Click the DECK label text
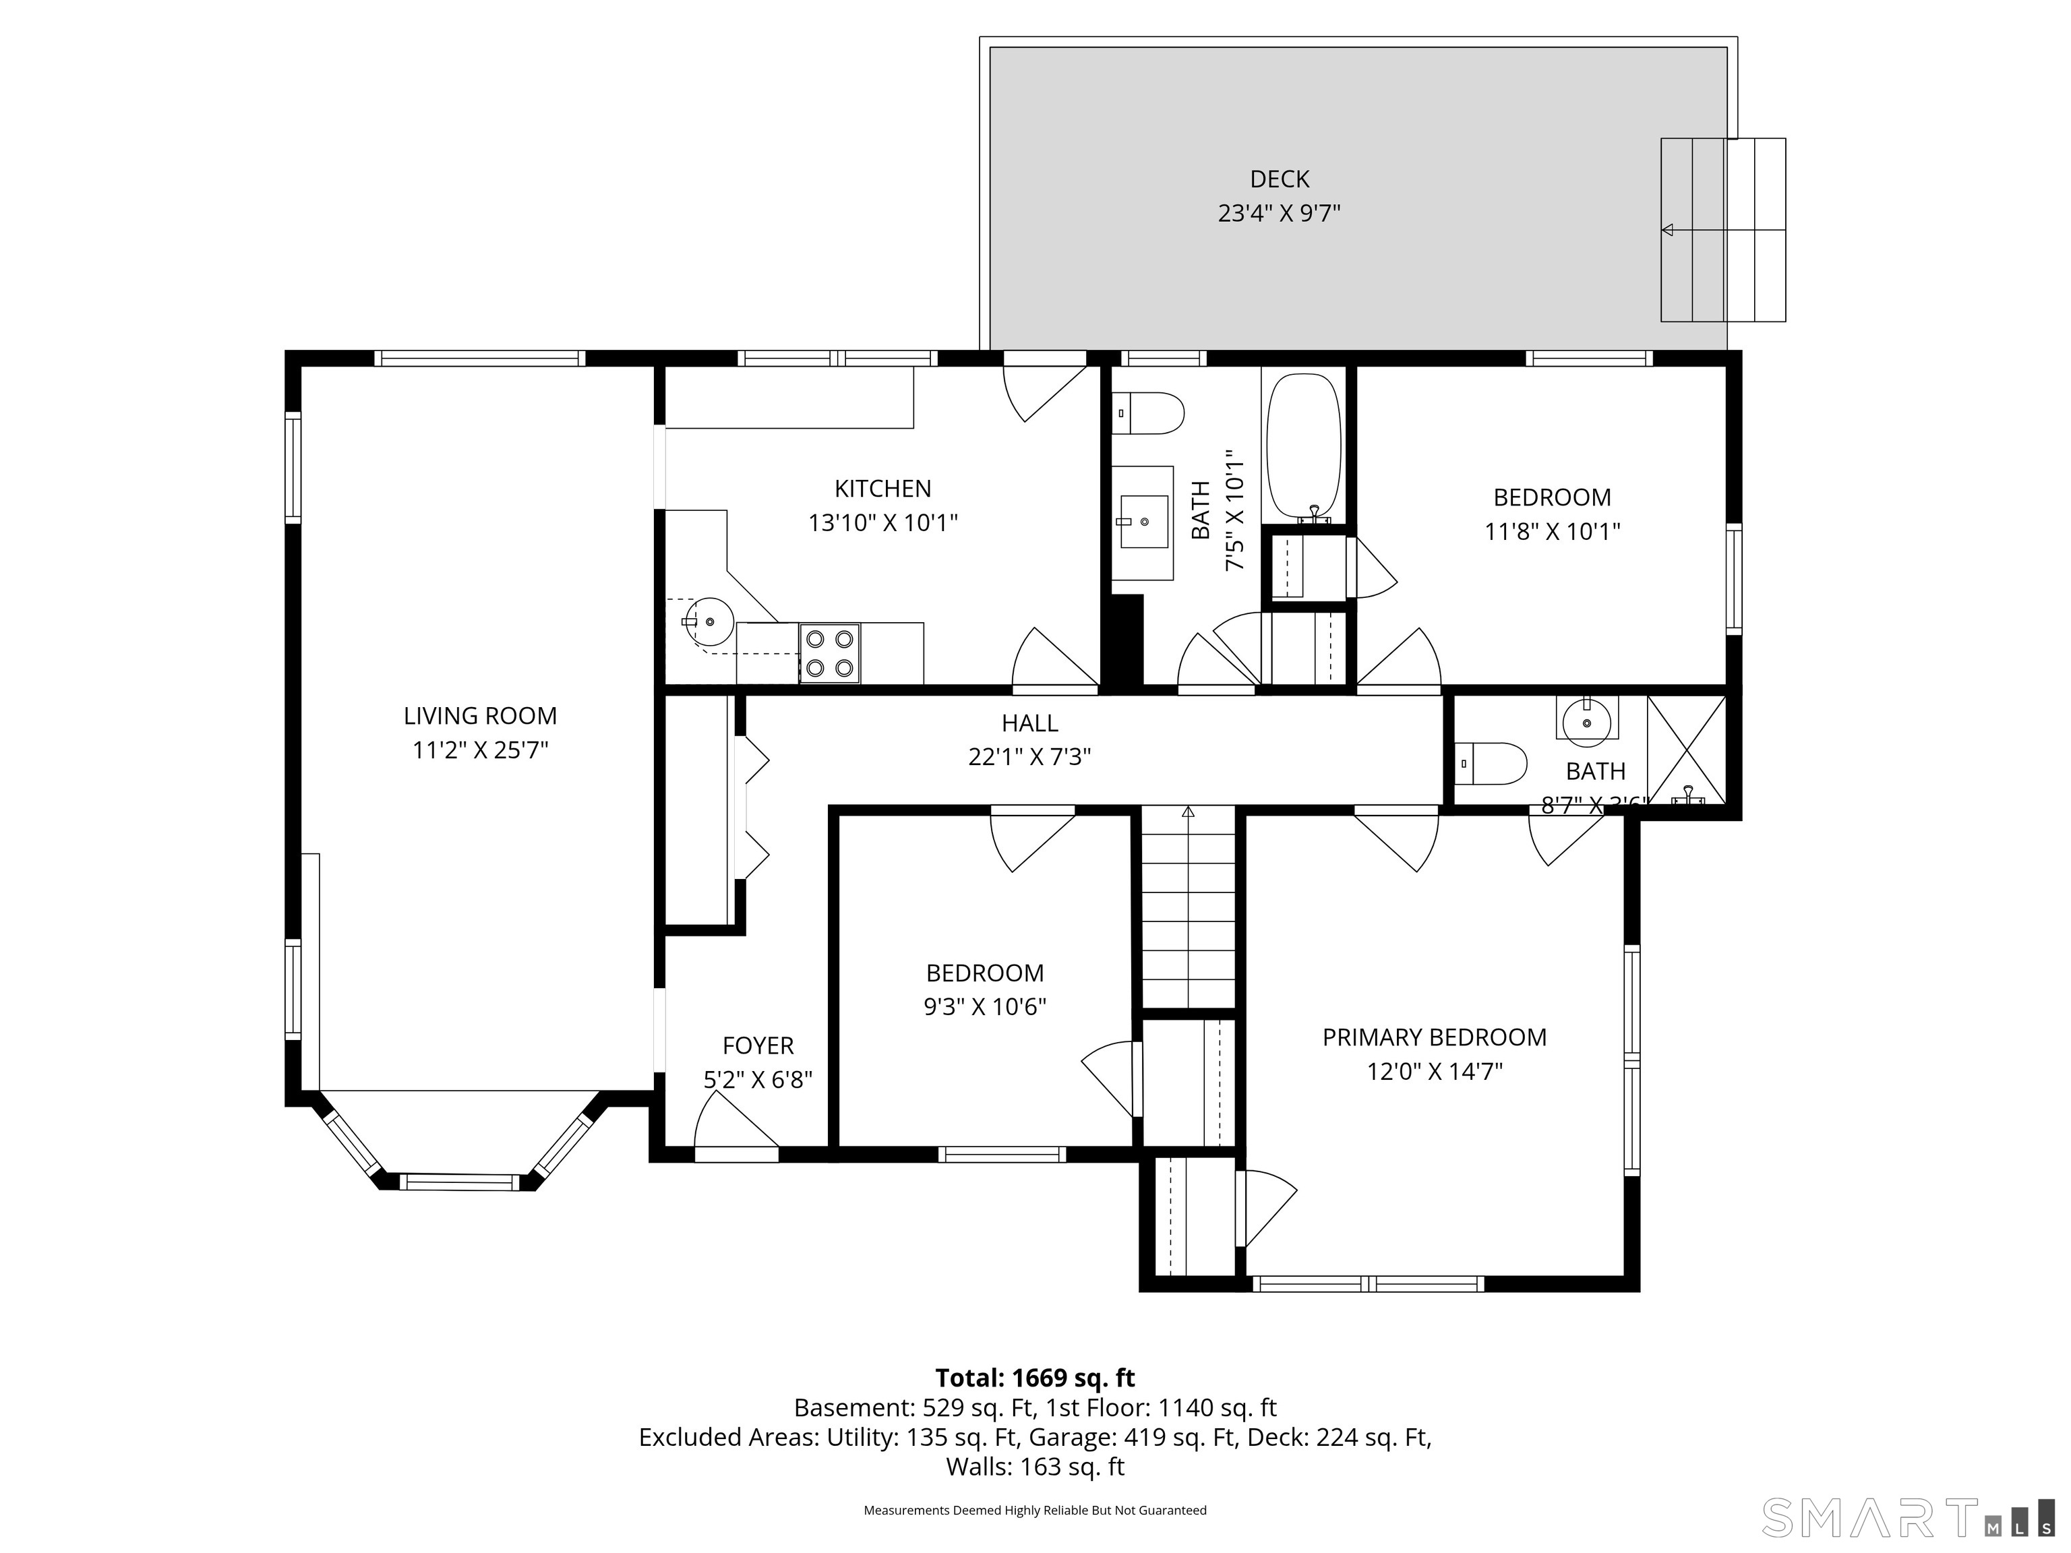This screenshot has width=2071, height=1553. coord(1279,179)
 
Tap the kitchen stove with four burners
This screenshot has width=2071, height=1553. coord(829,653)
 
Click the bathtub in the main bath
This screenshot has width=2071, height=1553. coord(1303,446)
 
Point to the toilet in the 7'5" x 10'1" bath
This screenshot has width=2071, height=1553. coord(1149,413)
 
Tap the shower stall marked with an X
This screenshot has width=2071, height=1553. coord(1686,749)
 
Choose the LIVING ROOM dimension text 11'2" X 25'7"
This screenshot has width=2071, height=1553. coord(480,750)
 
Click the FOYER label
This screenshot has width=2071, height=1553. coord(758,1045)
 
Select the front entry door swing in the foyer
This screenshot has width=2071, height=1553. coord(737,1126)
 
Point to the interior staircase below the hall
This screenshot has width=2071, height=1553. coord(1188,908)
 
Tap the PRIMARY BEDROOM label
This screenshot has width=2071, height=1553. coord(1435,1037)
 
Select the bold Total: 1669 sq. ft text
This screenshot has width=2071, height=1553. coord(1035,1378)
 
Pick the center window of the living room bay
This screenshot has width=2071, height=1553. coord(460,1183)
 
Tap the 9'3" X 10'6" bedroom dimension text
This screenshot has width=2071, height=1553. coord(984,1006)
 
